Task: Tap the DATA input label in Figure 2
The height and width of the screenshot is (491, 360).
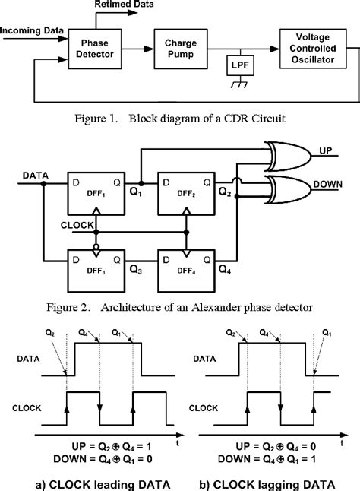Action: coord(33,176)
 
